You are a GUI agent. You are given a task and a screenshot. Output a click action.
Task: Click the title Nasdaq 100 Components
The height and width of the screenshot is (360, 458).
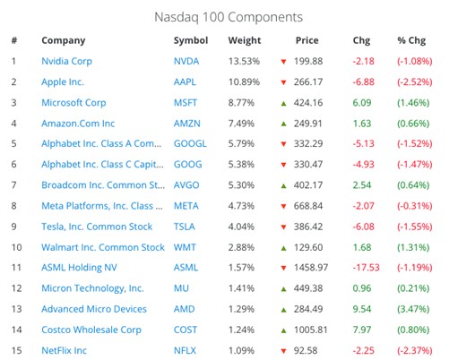(229, 16)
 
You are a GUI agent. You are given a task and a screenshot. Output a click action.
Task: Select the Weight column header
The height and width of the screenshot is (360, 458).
(245, 40)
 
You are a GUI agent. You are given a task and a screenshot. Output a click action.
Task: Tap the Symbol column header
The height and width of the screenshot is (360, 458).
(191, 40)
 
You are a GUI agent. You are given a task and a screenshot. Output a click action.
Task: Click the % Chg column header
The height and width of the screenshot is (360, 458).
(414, 40)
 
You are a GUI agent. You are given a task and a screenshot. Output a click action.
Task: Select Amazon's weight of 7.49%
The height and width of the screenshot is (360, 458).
(244, 124)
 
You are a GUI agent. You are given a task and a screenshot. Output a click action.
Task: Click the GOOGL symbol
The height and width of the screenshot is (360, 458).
(190, 143)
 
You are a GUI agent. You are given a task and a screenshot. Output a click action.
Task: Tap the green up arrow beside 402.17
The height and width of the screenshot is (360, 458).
(283, 185)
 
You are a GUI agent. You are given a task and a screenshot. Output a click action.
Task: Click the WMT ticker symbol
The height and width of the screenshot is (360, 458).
(186, 247)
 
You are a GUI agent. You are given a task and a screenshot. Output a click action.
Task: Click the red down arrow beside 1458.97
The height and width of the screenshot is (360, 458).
(283, 268)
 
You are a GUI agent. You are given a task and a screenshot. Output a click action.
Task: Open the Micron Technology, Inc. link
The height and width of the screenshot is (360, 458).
(92, 288)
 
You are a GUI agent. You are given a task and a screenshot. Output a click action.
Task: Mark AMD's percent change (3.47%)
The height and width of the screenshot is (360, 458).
(414, 309)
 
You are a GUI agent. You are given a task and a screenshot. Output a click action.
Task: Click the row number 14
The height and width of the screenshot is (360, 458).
(14, 330)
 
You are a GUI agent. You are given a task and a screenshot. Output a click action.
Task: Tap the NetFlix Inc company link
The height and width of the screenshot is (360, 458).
(64, 350)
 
